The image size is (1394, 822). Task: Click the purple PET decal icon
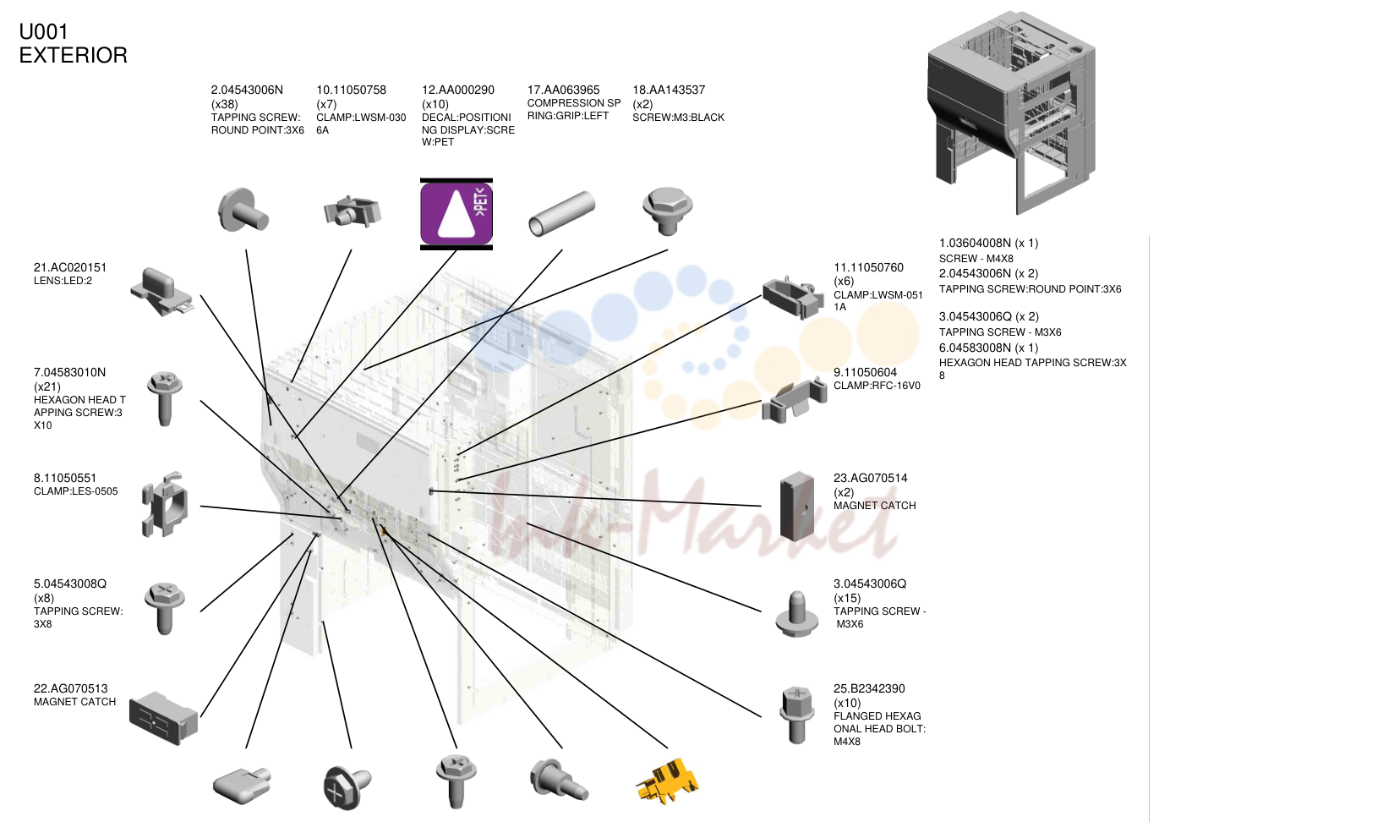pyautogui.click(x=456, y=214)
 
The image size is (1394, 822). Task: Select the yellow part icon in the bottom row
pyautogui.click(x=667, y=781)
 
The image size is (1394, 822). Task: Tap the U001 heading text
pyautogui.click(x=43, y=31)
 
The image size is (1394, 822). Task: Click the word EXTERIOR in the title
pyautogui.click(x=73, y=56)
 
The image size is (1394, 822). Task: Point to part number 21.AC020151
pyautogui.click(x=70, y=267)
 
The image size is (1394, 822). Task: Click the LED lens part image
pyautogui.click(x=162, y=292)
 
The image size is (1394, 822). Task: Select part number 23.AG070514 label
pyautogui.click(x=870, y=478)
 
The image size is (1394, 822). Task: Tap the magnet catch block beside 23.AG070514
pyautogui.click(x=796, y=506)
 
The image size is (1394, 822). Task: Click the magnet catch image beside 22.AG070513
pyautogui.click(x=163, y=717)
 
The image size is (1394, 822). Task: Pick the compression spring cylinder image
pyautogui.click(x=561, y=214)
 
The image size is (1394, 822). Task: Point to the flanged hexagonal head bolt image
pyautogui.click(x=796, y=715)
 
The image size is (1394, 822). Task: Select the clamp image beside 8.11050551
pyautogui.click(x=164, y=504)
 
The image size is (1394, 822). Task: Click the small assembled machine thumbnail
pyautogui.click(x=1011, y=112)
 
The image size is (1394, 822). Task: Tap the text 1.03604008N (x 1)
pyautogui.click(x=988, y=243)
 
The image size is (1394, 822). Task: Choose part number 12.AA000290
pyautogui.click(x=458, y=90)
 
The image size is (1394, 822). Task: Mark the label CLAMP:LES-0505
pyautogui.click(x=75, y=491)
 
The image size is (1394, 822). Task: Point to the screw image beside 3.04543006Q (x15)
pyautogui.click(x=796, y=614)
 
